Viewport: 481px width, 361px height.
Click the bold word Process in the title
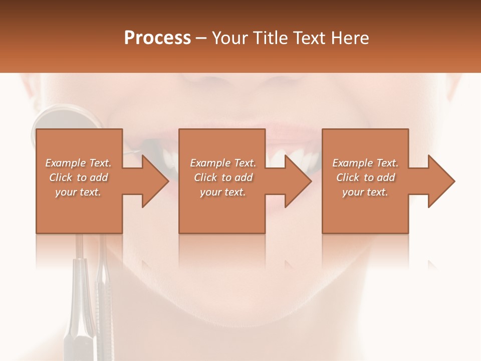click(157, 38)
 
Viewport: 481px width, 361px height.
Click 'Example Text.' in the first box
click(78, 163)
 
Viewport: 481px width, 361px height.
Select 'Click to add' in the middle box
click(223, 177)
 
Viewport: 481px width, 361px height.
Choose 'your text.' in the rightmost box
click(365, 192)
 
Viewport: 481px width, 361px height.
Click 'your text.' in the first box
click(78, 192)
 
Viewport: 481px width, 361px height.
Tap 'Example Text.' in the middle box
click(223, 163)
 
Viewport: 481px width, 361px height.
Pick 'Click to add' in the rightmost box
click(365, 177)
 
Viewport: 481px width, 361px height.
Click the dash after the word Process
click(201, 38)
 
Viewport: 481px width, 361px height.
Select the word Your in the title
click(230, 38)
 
